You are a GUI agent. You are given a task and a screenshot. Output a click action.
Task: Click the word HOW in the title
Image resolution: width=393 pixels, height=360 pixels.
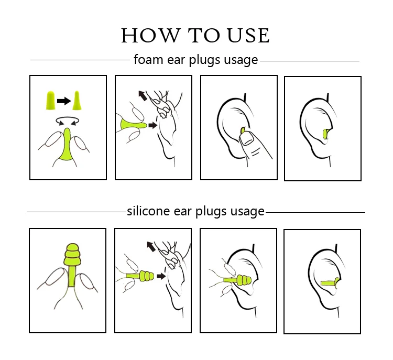point(150,35)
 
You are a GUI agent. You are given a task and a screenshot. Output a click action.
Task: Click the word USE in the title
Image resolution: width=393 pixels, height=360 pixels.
point(248,35)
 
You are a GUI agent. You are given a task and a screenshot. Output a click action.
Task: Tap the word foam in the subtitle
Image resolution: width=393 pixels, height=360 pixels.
point(148,59)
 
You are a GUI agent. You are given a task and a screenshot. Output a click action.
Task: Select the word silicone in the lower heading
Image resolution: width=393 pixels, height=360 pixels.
point(148,211)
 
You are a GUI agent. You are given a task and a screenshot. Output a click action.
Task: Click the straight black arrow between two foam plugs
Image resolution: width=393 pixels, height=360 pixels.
point(64,101)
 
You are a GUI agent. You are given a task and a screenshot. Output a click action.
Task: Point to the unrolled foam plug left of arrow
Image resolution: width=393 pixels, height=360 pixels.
point(50,100)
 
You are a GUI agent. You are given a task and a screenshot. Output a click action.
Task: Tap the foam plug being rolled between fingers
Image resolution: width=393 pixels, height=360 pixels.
point(67,145)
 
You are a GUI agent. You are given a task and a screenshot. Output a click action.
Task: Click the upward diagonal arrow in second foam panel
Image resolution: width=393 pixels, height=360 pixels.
point(143,95)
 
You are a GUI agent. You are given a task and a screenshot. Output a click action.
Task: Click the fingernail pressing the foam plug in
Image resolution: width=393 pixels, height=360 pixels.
point(247,139)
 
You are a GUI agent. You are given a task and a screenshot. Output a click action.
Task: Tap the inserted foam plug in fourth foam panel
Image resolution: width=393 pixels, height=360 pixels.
point(326,134)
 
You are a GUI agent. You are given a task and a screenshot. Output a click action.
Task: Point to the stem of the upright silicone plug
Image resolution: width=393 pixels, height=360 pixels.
point(72,277)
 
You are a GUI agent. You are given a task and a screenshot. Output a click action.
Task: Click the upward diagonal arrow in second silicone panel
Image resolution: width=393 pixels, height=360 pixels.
point(151,246)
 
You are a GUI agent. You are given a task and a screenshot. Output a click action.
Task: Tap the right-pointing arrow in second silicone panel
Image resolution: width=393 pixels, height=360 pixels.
point(161,276)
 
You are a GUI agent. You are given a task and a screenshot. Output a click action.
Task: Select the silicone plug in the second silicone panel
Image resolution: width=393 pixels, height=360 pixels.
point(140,276)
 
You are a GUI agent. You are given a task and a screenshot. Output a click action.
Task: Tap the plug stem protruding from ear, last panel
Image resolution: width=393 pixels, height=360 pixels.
point(329,283)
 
